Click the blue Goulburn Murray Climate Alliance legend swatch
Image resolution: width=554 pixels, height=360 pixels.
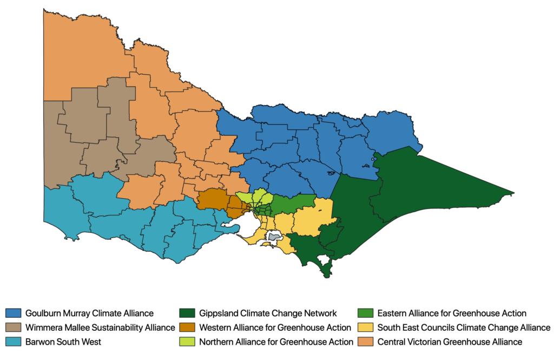(x=13, y=313)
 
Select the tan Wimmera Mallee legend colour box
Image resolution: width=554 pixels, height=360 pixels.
(x=13, y=328)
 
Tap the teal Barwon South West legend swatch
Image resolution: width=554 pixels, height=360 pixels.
(x=13, y=342)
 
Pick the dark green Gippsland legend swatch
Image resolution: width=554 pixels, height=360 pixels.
(x=187, y=313)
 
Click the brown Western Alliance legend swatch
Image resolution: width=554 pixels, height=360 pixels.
(x=187, y=328)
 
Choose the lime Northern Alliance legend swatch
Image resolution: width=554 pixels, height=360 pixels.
(x=187, y=342)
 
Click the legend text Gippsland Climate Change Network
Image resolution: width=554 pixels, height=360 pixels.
(x=268, y=313)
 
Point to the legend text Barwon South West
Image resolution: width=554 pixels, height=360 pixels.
(x=63, y=342)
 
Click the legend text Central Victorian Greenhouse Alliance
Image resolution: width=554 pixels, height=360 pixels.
(x=450, y=342)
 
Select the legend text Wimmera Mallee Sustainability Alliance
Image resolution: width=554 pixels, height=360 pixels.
(x=100, y=328)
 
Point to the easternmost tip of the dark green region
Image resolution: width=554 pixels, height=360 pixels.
(x=512, y=193)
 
